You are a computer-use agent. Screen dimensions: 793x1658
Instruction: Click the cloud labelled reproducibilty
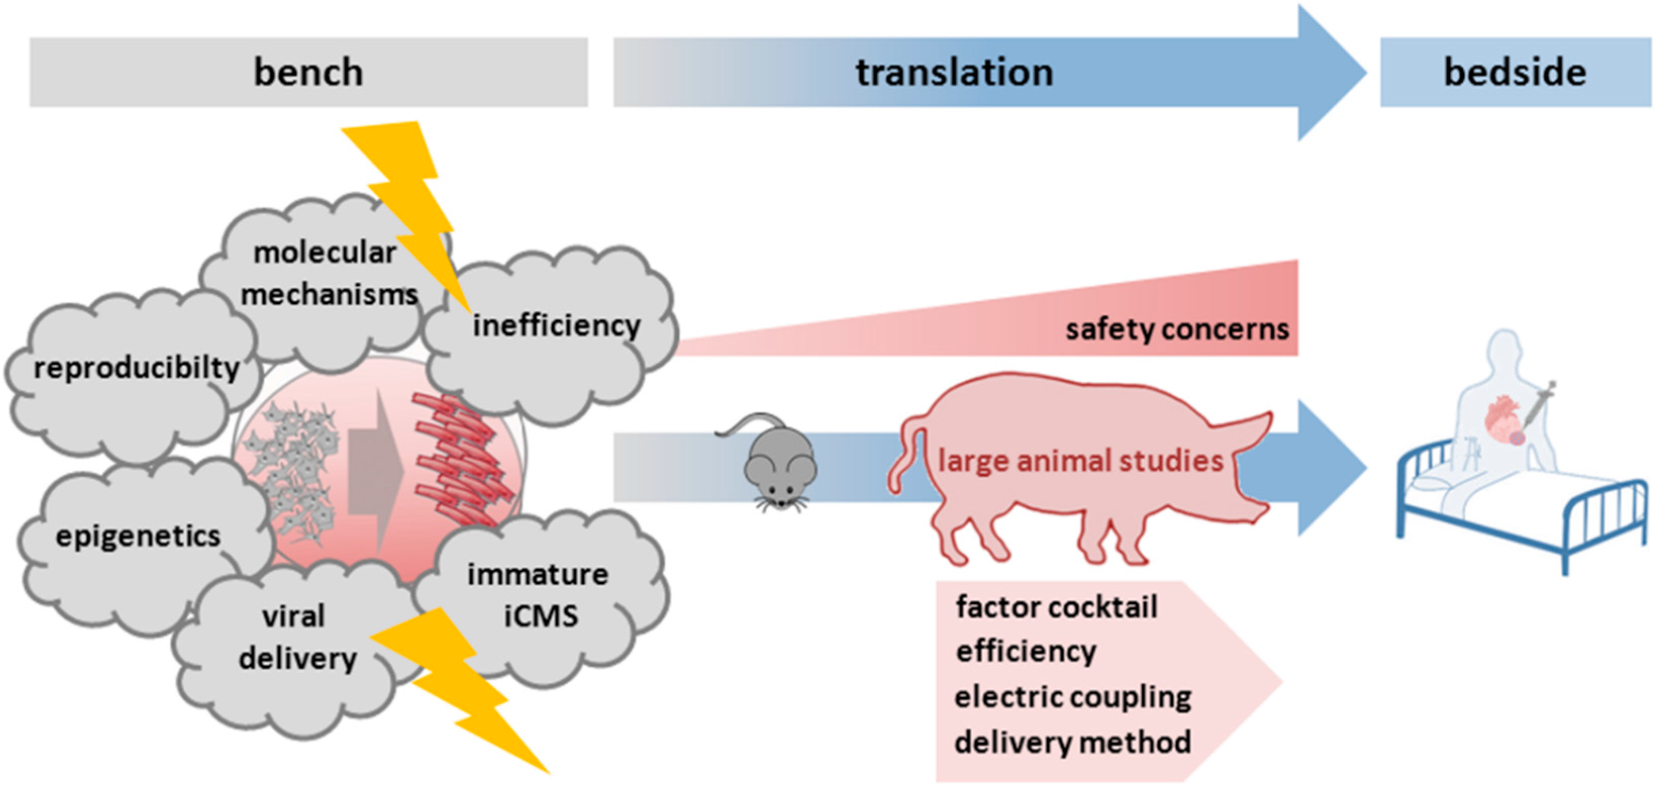136,368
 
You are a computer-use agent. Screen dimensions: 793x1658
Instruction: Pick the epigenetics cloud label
138,535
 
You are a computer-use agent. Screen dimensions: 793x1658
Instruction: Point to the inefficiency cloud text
557,325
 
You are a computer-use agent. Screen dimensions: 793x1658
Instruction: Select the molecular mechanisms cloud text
328,273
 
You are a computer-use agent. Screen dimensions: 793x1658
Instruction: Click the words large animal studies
1080,461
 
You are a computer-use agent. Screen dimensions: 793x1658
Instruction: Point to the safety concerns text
1177,329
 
